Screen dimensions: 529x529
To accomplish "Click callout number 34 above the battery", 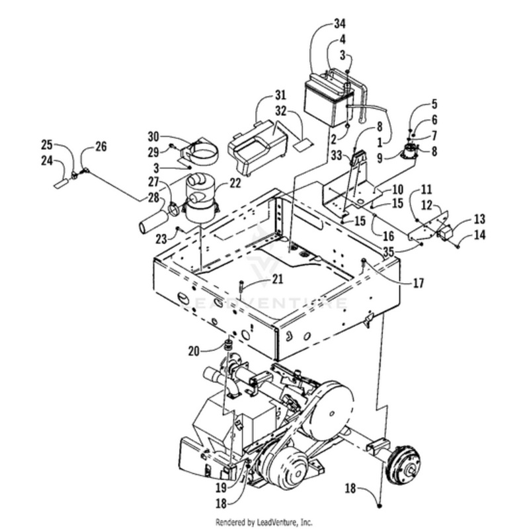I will (x=340, y=25).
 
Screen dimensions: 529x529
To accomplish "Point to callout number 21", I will (x=259, y=281).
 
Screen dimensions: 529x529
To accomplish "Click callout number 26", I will (x=101, y=146).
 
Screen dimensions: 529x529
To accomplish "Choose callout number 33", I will (x=337, y=157).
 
